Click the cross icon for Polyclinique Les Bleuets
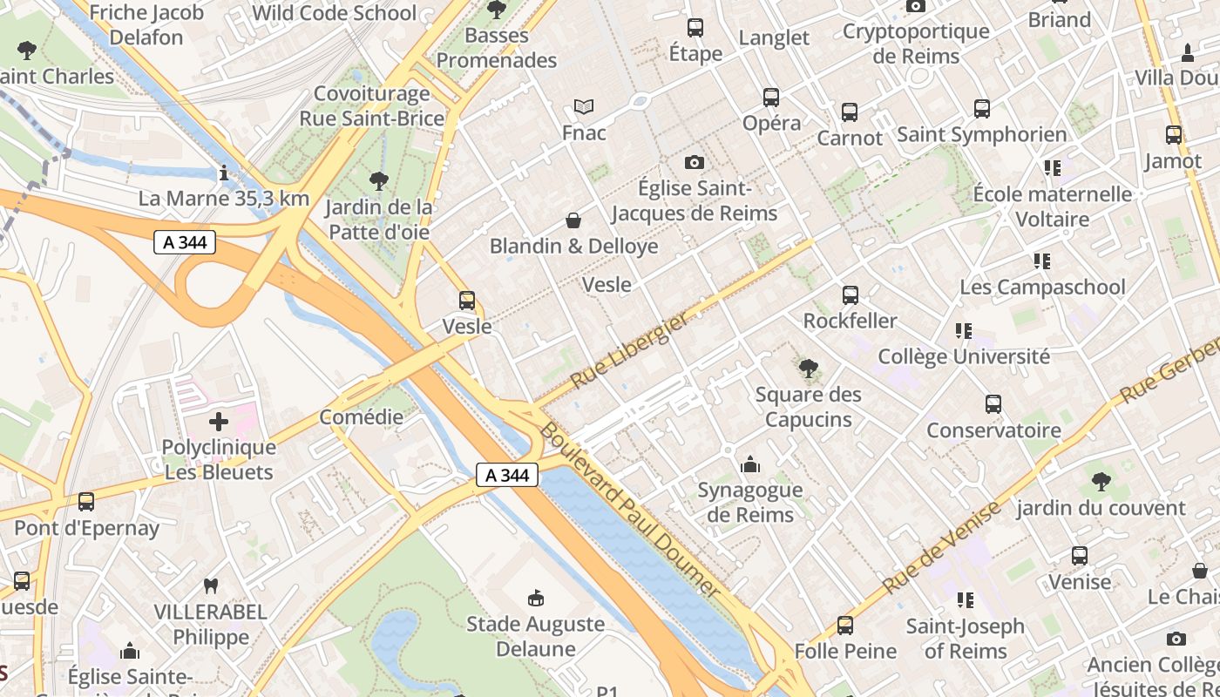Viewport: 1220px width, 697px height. (x=219, y=423)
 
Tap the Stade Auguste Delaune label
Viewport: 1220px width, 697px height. (x=535, y=636)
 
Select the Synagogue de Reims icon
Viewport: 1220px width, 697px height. (x=749, y=464)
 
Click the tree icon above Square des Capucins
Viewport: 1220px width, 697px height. (x=809, y=369)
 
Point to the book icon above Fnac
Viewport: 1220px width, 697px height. (x=584, y=107)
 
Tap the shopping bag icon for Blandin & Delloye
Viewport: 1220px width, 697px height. (x=573, y=220)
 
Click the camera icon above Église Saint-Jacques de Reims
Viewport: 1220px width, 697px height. (x=695, y=162)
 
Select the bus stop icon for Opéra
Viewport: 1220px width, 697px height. (x=771, y=98)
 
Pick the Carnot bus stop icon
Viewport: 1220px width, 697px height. (x=850, y=112)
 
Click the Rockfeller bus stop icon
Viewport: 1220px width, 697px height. (x=851, y=295)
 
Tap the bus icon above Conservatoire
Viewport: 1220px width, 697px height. (x=993, y=404)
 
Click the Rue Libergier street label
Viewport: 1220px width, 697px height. (x=628, y=350)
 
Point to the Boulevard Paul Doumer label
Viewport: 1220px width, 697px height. (x=629, y=511)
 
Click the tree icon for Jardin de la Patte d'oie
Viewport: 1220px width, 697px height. (x=379, y=181)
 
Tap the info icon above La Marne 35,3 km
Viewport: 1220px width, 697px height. (x=224, y=173)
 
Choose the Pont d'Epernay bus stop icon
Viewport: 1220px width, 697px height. (x=86, y=502)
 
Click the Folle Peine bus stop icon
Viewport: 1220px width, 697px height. (x=845, y=626)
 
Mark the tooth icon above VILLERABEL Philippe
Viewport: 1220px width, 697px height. (x=210, y=585)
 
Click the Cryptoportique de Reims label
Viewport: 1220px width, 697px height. (x=916, y=44)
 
